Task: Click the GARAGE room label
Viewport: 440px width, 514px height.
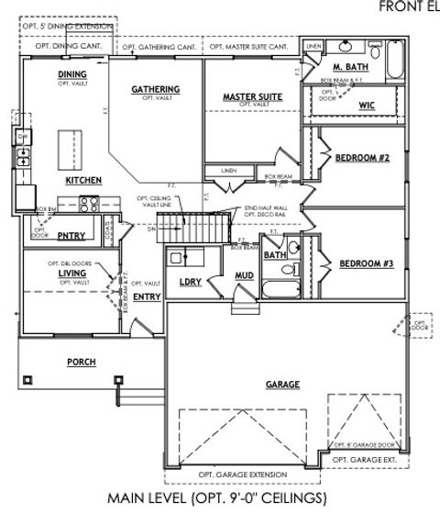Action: point(282,384)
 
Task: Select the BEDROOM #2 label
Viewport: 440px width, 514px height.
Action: point(365,158)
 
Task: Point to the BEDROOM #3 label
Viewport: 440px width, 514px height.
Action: point(366,263)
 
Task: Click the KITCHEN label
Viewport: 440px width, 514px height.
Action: point(83,181)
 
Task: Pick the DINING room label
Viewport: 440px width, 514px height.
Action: point(71,73)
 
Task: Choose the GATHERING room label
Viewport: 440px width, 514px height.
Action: point(155,89)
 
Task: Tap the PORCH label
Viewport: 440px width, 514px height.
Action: point(82,362)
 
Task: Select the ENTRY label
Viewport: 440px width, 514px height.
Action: point(147,296)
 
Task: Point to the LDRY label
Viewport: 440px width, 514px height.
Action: point(190,282)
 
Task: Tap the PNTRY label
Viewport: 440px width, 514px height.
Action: point(71,236)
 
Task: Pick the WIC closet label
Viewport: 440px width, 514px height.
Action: point(368,106)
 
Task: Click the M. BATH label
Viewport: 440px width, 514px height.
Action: point(349,68)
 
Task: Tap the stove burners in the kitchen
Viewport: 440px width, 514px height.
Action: point(89,204)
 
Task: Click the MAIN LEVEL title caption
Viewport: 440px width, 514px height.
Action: point(216,498)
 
